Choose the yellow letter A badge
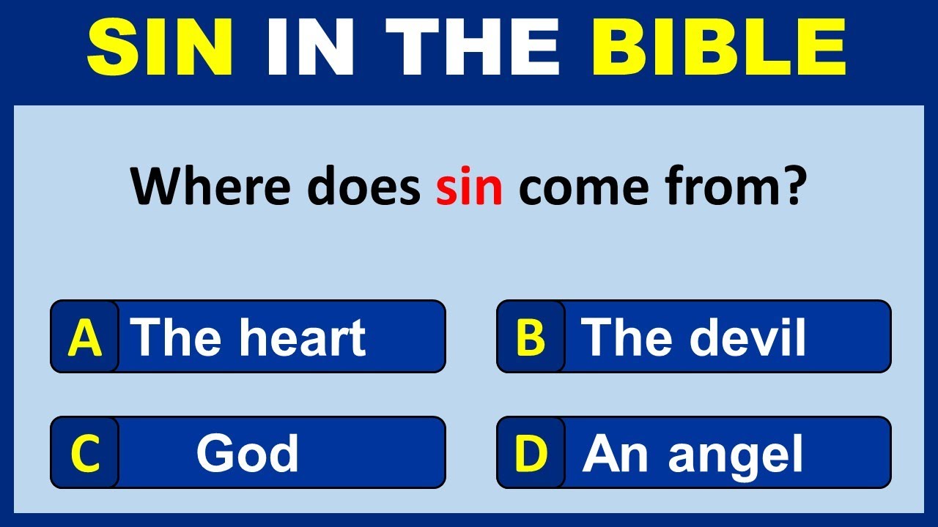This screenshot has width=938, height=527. (85, 337)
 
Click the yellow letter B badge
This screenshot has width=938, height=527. (531, 337)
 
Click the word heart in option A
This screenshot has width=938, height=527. (303, 337)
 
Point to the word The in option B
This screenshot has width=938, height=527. (627, 337)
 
